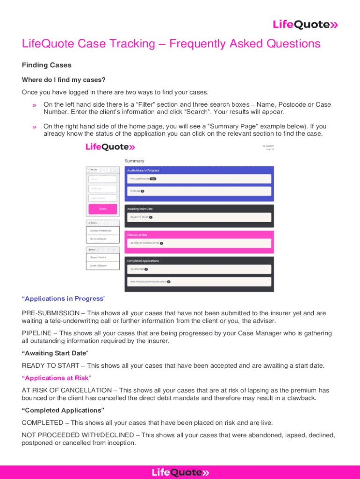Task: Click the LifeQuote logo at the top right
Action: click(x=305, y=25)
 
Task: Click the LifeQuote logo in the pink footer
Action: click(x=180, y=472)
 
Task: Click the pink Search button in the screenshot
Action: click(x=102, y=209)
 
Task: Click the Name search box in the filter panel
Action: click(x=102, y=179)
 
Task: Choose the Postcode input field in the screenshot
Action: click(x=102, y=189)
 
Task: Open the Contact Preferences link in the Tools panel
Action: click(x=102, y=231)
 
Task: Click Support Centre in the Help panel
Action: click(x=102, y=257)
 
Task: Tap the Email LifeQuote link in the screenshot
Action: click(x=102, y=266)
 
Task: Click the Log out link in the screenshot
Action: click(x=270, y=149)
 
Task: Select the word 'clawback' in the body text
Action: click(x=302, y=398)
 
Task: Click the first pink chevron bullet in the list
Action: click(x=34, y=105)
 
